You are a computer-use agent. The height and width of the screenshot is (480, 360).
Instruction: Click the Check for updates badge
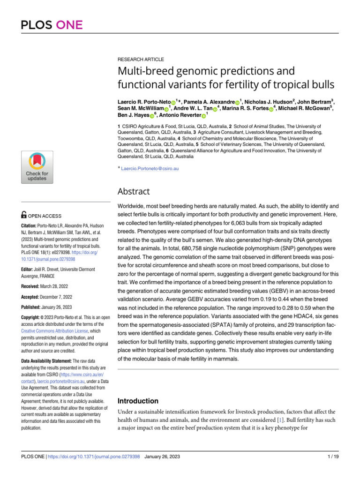pyautogui.click(x=37, y=167)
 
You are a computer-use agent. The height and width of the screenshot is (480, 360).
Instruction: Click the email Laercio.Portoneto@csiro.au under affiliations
pyautogui.click(x=149, y=168)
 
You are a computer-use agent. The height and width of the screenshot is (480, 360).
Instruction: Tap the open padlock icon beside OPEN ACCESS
pyautogui.click(x=24, y=216)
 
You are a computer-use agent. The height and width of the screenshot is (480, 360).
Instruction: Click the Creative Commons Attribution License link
pyautogui.click(x=48, y=330)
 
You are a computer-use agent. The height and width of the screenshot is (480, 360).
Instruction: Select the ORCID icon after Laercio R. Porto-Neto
pyautogui.click(x=173, y=102)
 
